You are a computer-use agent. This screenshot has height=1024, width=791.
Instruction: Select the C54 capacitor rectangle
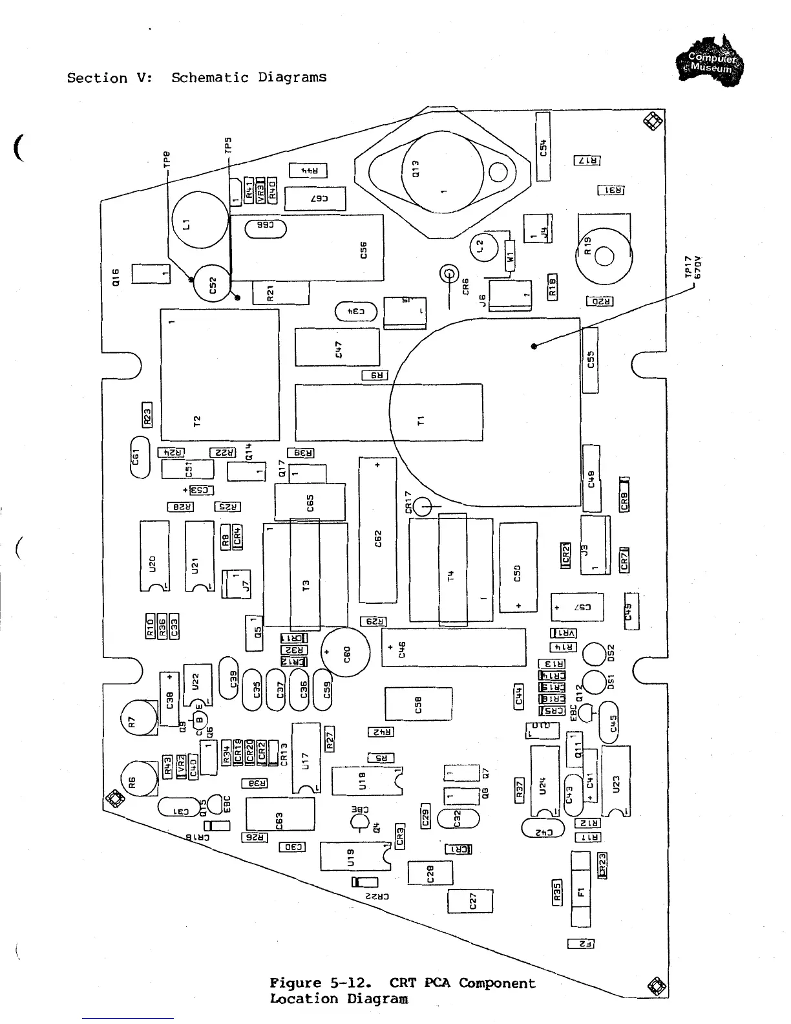[543, 146]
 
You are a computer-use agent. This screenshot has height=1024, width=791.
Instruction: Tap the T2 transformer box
[220, 375]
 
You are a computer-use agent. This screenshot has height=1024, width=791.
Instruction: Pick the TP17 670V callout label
[693, 267]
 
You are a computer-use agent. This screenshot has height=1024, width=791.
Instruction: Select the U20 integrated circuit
[154, 556]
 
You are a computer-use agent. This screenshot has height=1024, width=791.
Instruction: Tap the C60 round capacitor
[346, 652]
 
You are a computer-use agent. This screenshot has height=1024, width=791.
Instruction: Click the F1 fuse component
[580, 889]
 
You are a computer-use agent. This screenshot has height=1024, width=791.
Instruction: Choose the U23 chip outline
[615, 781]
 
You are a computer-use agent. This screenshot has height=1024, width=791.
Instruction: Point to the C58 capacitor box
[418, 704]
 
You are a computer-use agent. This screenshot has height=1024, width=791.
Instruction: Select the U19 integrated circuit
[352, 857]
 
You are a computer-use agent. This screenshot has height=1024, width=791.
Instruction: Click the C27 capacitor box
[470, 901]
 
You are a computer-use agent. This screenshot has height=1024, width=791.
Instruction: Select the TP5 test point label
[227, 144]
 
